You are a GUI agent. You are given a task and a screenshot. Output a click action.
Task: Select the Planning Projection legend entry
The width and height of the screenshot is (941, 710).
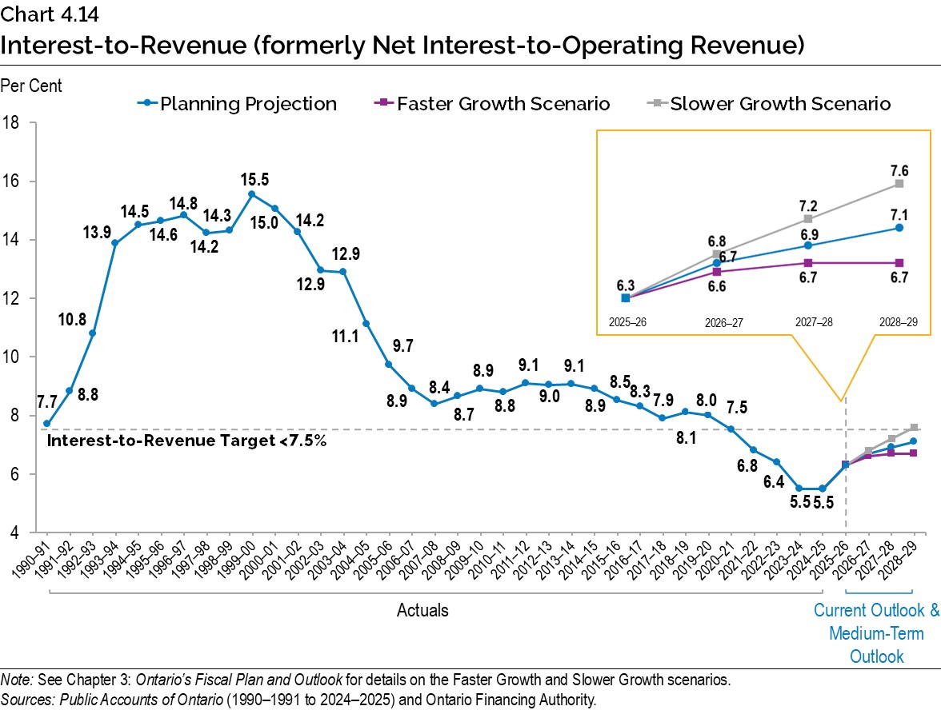click(x=248, y=104)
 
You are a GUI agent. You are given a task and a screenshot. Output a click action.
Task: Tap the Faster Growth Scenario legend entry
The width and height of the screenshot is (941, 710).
click(x=503, y=104)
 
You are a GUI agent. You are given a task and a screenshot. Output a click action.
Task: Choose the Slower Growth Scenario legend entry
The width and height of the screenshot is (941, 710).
click(x=779, y=104)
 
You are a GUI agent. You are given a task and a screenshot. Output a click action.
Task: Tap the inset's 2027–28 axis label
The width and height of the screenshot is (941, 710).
click(x=815, y=323)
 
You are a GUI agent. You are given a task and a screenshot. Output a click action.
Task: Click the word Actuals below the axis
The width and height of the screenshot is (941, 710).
click(x=422, y=611)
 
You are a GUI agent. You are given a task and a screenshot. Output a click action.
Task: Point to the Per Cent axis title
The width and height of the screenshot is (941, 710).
click(x=31, y=85)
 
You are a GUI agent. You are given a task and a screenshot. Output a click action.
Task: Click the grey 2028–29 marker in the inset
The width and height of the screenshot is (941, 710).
click(x=899, y=183)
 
